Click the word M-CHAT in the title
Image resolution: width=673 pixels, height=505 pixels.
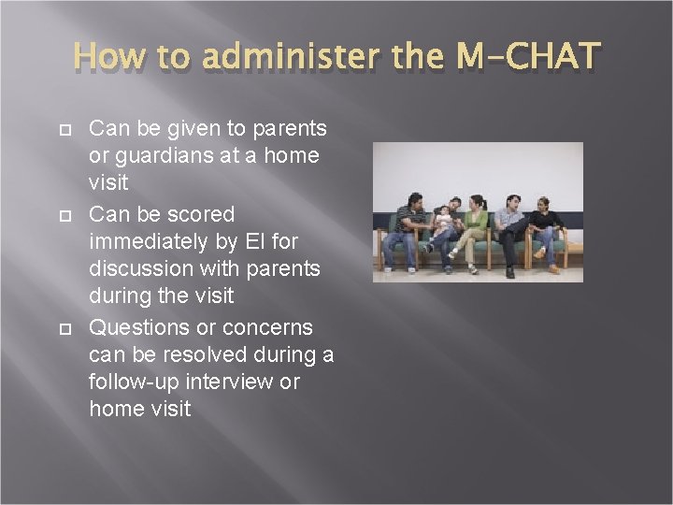coord(526,58)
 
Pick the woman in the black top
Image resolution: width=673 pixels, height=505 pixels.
coord(544,229)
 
